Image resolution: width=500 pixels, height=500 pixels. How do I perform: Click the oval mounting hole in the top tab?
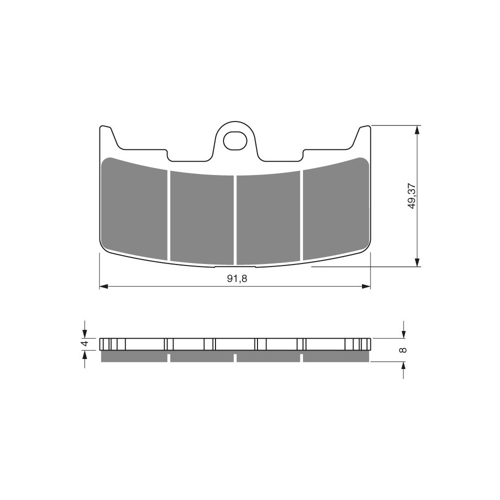(235, 140)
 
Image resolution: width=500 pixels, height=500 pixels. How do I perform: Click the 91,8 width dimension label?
(237, 278)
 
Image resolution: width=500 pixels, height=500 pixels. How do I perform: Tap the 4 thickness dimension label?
(84, 344)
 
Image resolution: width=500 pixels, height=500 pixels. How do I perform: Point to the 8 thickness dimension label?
(403, 350)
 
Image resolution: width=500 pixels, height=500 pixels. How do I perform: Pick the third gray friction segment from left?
(268, 218)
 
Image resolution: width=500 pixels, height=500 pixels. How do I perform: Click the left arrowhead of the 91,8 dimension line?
(102, 286)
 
